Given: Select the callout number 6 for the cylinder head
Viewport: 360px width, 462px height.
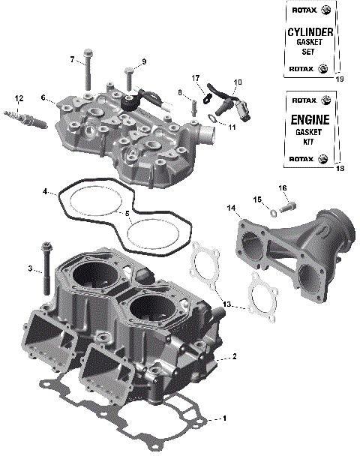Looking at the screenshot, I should click(43, 97).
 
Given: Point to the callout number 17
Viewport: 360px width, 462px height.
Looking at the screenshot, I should click(196, 77).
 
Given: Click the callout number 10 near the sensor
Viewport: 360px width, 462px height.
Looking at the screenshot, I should click(238, 81).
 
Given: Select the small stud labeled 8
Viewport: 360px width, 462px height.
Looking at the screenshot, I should click(193, 101).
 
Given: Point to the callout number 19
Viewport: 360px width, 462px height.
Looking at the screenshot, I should click(340, 79).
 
